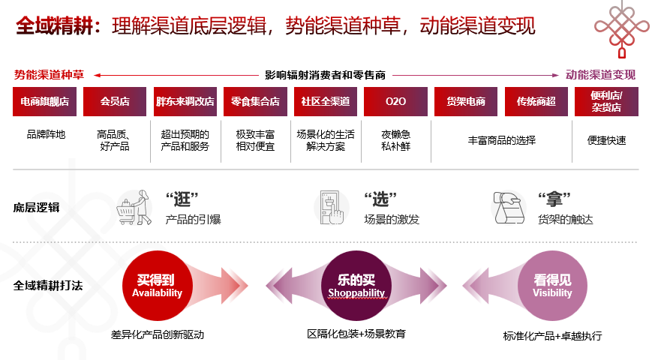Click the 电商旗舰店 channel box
pos(44,101)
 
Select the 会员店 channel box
pos(115,101)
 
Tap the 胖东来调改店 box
pos(185,101)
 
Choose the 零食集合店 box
pos(255,101)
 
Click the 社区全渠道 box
pos(325,101)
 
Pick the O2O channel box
pos(395,101)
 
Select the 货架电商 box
pos(466,101)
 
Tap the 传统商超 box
pos(536,101)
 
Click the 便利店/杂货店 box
pos(606,101)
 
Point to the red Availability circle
pos(158,286)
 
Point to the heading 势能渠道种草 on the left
pos(49,75)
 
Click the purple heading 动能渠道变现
pos(600,75)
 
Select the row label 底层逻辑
pos(36,208)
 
